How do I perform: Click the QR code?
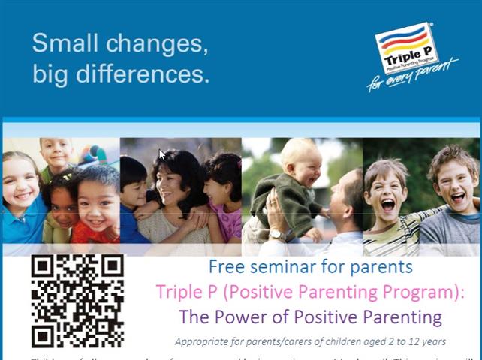tap(77, 301)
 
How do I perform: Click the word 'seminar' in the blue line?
tap(277, 266)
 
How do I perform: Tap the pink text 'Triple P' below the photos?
tap(183, 290)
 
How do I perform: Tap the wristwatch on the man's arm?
tap(278, 235)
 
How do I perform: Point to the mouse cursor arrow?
tap(161, 154)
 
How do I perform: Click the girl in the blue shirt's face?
tap(20, 182)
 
